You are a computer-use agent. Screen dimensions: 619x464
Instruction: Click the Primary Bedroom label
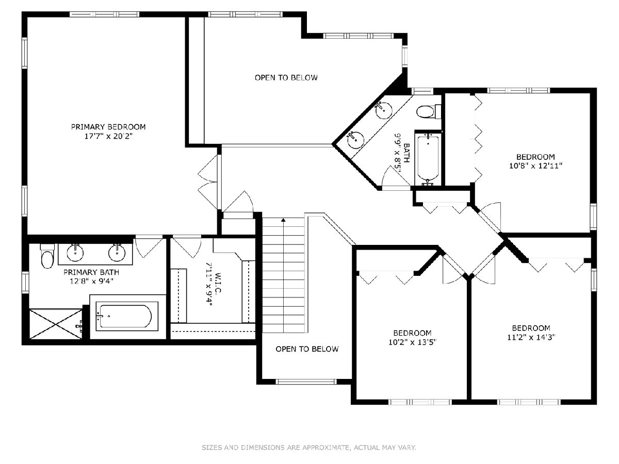click(108, 127)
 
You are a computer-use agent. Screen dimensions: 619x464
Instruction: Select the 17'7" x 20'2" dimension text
click(108, 136)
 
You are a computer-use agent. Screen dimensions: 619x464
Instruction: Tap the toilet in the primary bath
click(47, 256)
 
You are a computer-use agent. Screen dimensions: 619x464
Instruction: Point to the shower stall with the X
click(56, 324)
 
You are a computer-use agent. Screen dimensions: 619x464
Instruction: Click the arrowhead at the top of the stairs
click(283, 220)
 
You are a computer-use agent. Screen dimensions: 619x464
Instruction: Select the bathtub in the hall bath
click(428, 159)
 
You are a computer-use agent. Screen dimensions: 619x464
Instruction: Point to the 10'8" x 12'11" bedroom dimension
click(535, 165)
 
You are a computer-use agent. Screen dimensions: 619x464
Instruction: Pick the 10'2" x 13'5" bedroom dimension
click(412, 342)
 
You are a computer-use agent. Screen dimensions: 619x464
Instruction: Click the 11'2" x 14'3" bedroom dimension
click(531, 337)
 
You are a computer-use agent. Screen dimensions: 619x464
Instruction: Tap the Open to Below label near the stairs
click(307, 349)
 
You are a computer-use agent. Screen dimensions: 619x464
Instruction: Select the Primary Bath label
click(91, 272)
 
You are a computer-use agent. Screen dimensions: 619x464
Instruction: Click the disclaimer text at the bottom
click(309, 447)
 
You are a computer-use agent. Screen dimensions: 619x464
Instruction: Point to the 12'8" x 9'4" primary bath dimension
click(91, 281)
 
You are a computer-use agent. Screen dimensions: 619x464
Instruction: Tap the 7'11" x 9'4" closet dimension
click(209, 285)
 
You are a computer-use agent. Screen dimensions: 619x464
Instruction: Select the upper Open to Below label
click(286, 77)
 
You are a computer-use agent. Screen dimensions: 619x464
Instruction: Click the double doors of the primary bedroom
click(208, 182)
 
